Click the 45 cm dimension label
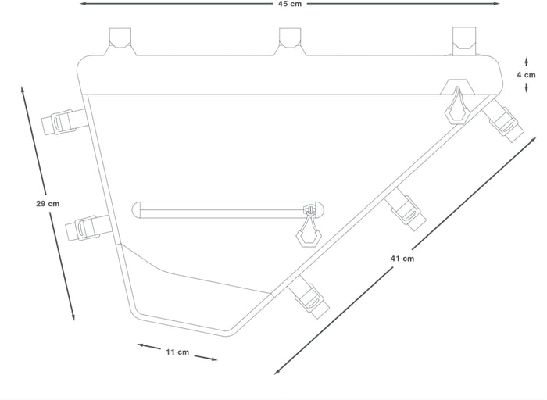pyautogui.click(x=290, y=4)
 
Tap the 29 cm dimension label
pyautogui.click(x=48, y=204)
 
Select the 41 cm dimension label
pyautogui.click(x=402, y=259)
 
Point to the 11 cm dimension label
pyautogui.click(x=177, y=352)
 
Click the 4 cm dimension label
pyautogui.click(x=526, y=75)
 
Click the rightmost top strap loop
pyautogui.click(x=464, y=41)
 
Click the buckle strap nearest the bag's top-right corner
pyautogui.click(x=502, y=120)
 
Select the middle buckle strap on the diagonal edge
pyautogui.click(x=405, y=209)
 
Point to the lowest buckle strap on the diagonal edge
pyautogui.click(x=309, y=297)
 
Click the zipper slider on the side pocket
pyautogui.click(x=309, y=210)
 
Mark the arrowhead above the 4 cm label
pyautogui.click(x=527, y=62)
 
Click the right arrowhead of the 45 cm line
pyautogui.click(x=495, y=4)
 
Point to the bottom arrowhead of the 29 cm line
pyautogui.click(x=73, y=316)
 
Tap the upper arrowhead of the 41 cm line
pyautogui.click(x=533, y=140)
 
